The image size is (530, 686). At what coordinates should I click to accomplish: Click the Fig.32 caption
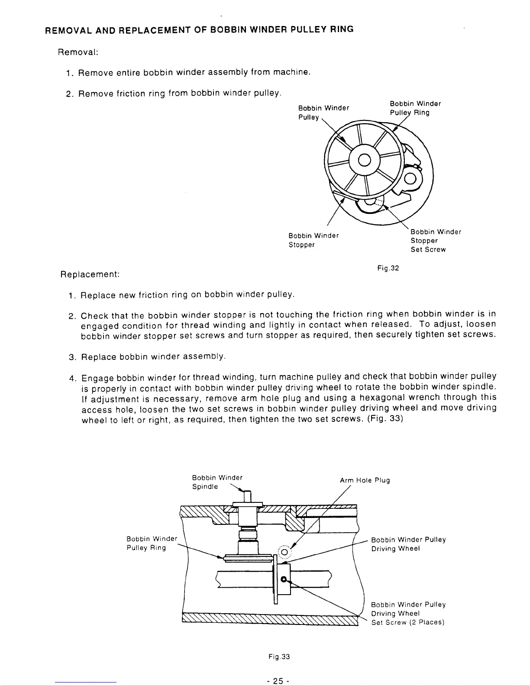(x=388, y=268)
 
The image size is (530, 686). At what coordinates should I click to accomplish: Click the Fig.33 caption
(x=279, y=657)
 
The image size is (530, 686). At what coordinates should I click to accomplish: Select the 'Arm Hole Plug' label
(x=365, y=480)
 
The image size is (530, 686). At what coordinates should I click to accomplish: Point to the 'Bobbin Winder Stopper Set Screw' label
(x=436, y=240)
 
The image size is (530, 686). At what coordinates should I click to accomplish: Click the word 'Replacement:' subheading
(x=90, y=275)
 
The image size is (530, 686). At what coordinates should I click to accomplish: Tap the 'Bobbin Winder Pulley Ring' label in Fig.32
(x=415, y=108)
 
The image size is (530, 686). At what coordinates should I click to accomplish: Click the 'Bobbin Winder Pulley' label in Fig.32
(x=323, y=113)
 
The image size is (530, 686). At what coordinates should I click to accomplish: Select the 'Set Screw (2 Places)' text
(x=408, y=622)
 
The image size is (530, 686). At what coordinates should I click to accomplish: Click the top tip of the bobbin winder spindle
(x=248, y=492)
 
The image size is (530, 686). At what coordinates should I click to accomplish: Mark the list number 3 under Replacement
(x=72, y=357)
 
